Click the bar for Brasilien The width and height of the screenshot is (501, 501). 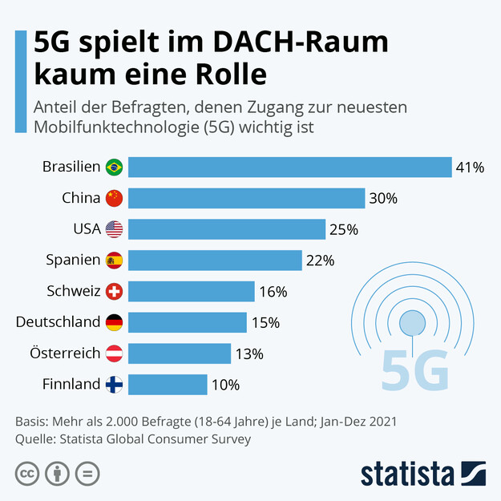(289, 167)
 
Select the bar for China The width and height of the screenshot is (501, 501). (246, 198)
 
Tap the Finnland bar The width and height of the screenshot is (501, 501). (168, 384)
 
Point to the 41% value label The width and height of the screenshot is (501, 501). (470, 168)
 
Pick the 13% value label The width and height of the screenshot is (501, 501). (248, 354)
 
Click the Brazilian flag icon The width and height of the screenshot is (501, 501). (114, 168)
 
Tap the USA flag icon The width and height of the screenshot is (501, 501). (114, 229)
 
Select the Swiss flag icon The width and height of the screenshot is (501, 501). (114, 291)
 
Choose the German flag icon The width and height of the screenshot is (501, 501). (114, 322)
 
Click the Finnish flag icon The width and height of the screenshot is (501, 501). (114, 384)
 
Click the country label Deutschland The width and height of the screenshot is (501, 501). (58, 322)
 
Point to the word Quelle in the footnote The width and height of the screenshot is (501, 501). (35, 438)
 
